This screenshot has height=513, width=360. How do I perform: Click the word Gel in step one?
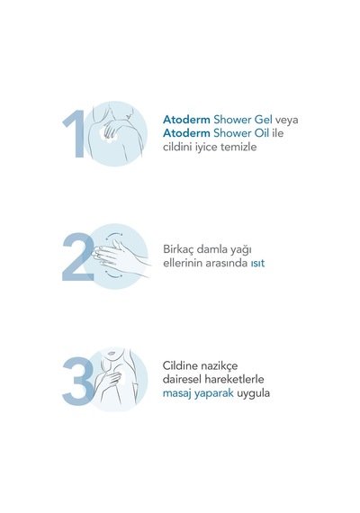point(264,120)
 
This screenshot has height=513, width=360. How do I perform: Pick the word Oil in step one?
point(261,133)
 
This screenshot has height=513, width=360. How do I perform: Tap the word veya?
point(287,121)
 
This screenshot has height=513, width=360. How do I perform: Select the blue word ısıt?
point(257,264)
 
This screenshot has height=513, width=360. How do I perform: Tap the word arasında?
point(227,264)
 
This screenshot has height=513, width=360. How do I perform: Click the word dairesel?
point(182,380)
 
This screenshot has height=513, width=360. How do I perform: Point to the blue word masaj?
point(177,393)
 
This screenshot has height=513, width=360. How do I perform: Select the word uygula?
point(253,394)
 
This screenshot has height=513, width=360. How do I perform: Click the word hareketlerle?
point(234,380)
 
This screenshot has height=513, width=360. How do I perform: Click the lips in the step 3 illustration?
point(112,355)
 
